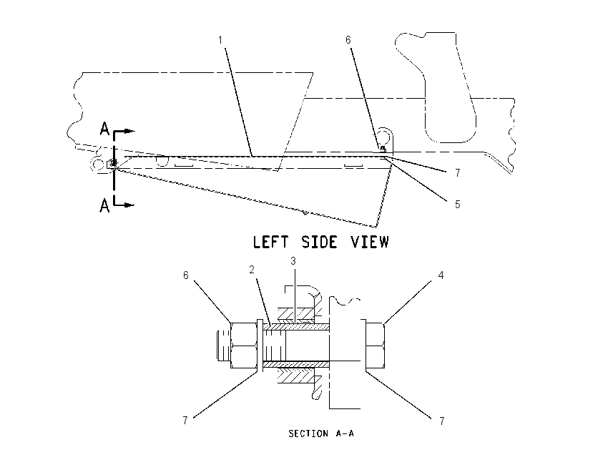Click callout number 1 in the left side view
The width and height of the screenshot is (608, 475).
220,40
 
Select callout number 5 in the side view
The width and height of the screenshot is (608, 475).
458,205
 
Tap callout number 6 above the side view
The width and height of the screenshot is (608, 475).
348,40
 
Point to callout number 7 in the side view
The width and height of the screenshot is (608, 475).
458,173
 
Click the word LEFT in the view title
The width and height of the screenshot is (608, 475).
270,242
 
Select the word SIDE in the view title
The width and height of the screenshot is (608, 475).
319,242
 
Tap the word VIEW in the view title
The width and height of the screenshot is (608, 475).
370,242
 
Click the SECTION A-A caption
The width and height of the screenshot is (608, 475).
321,433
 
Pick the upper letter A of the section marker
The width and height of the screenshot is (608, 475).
104,128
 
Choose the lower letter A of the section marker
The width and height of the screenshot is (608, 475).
104,205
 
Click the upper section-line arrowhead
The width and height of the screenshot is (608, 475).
129,131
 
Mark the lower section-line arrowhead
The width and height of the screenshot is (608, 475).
129,205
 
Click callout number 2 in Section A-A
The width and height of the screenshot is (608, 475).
252,270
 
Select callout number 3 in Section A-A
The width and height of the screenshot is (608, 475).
293,261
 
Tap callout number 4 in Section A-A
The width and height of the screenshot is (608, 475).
441,275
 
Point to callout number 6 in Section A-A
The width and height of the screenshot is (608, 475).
186,275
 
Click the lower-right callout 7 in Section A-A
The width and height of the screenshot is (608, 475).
441,421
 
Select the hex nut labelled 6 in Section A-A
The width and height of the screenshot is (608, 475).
243,345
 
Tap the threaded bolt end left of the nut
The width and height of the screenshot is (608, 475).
224,345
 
